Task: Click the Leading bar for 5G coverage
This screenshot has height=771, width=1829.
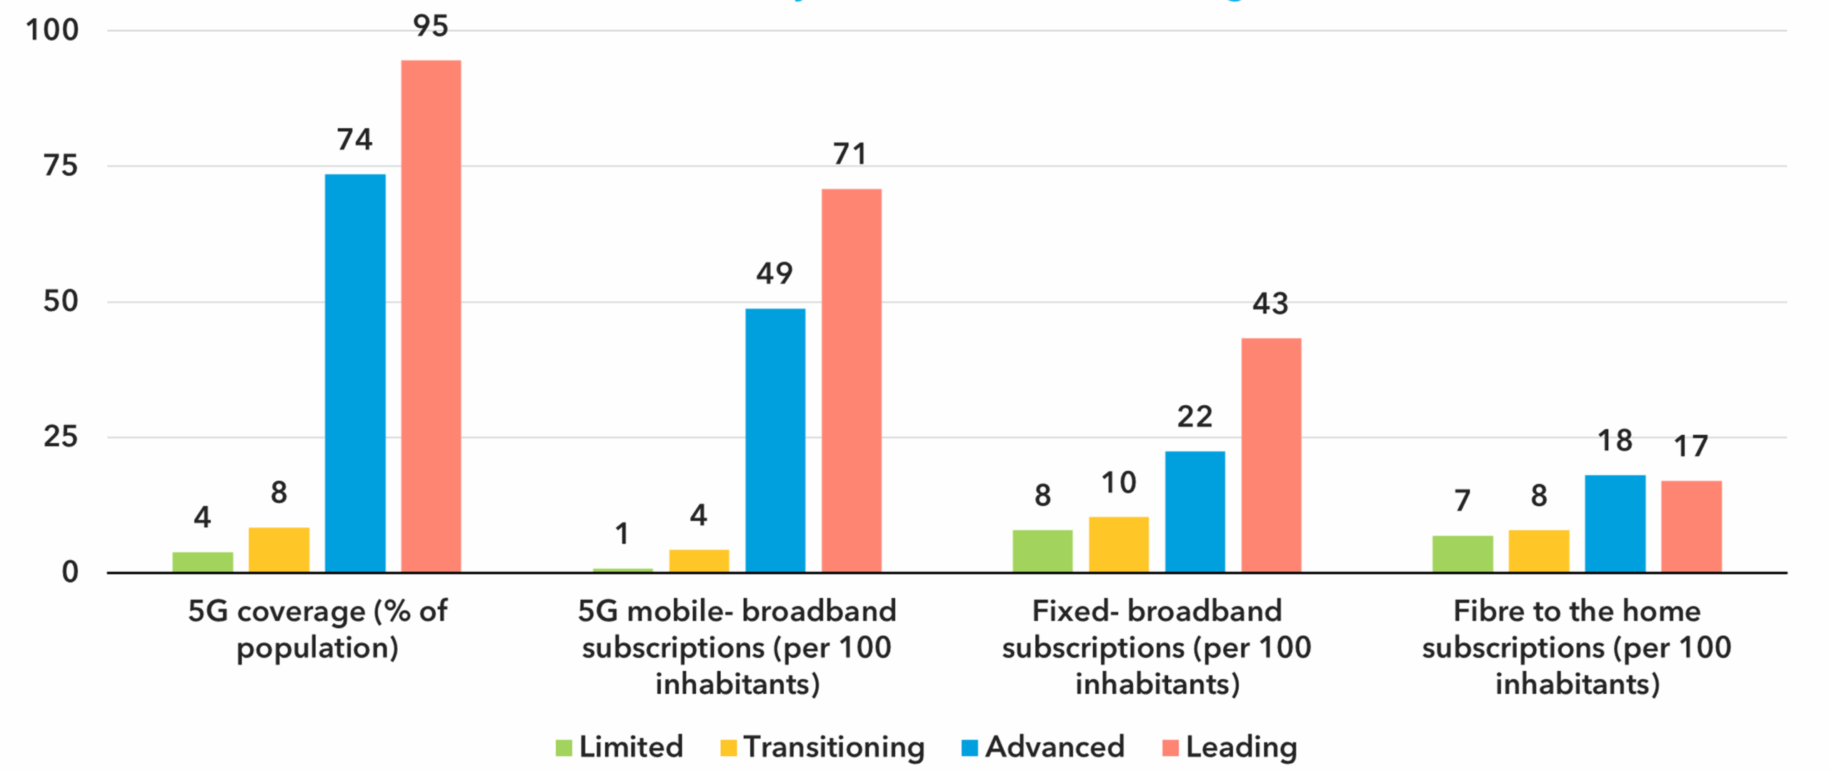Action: pyautogui.click(x=431, y=316)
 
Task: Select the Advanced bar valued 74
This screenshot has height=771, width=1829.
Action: pyautogui.click(x=355, y=372)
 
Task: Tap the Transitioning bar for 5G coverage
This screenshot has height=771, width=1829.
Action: pyautogui.click(x=279, y=549)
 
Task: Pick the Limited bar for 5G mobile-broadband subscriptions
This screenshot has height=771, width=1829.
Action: pyautogui.click(x=622, y=570)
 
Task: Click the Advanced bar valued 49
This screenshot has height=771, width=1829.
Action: pyautogui.click(x=775, y=440)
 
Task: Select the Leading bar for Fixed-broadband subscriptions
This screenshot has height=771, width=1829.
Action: pyautogui.click(x=1271, y=454)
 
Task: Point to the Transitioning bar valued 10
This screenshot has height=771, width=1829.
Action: pyautogui.click(x=1118, y=544)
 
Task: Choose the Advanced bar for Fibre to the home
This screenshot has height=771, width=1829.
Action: pyautogui.click(x=1615, y=523)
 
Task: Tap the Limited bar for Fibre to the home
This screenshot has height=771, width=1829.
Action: pyautogui.click(x=1462, y=554)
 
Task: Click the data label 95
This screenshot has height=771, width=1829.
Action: pyautogui.click(x=431, y=26)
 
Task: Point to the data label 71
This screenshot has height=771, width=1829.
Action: pyautogui.click(x=850, y=154)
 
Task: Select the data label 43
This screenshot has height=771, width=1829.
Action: pyautogui.click(x=1270, y=304)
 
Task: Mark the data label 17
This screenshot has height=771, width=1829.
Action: pyautogui.click(x=1691, y=447)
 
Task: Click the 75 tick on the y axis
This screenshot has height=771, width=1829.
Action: pyautogui.click(x=61, y=166)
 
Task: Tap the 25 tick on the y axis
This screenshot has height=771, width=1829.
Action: pyautogui.click(x=61, y=437)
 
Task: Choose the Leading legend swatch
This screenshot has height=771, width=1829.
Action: pyautogui.click(x=1170, y=747)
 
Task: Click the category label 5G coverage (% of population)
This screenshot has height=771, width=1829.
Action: pyautogui.click(x=317, y=629)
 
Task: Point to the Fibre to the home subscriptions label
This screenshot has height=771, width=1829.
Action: pyautogui.click(x=1577, y=647)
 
